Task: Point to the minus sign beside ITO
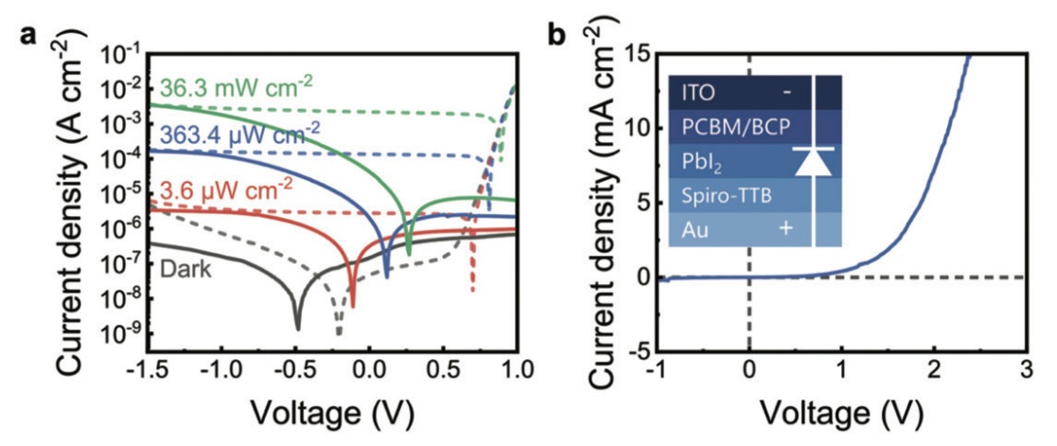pos(785,93)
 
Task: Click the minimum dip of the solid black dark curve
pos(298,328)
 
